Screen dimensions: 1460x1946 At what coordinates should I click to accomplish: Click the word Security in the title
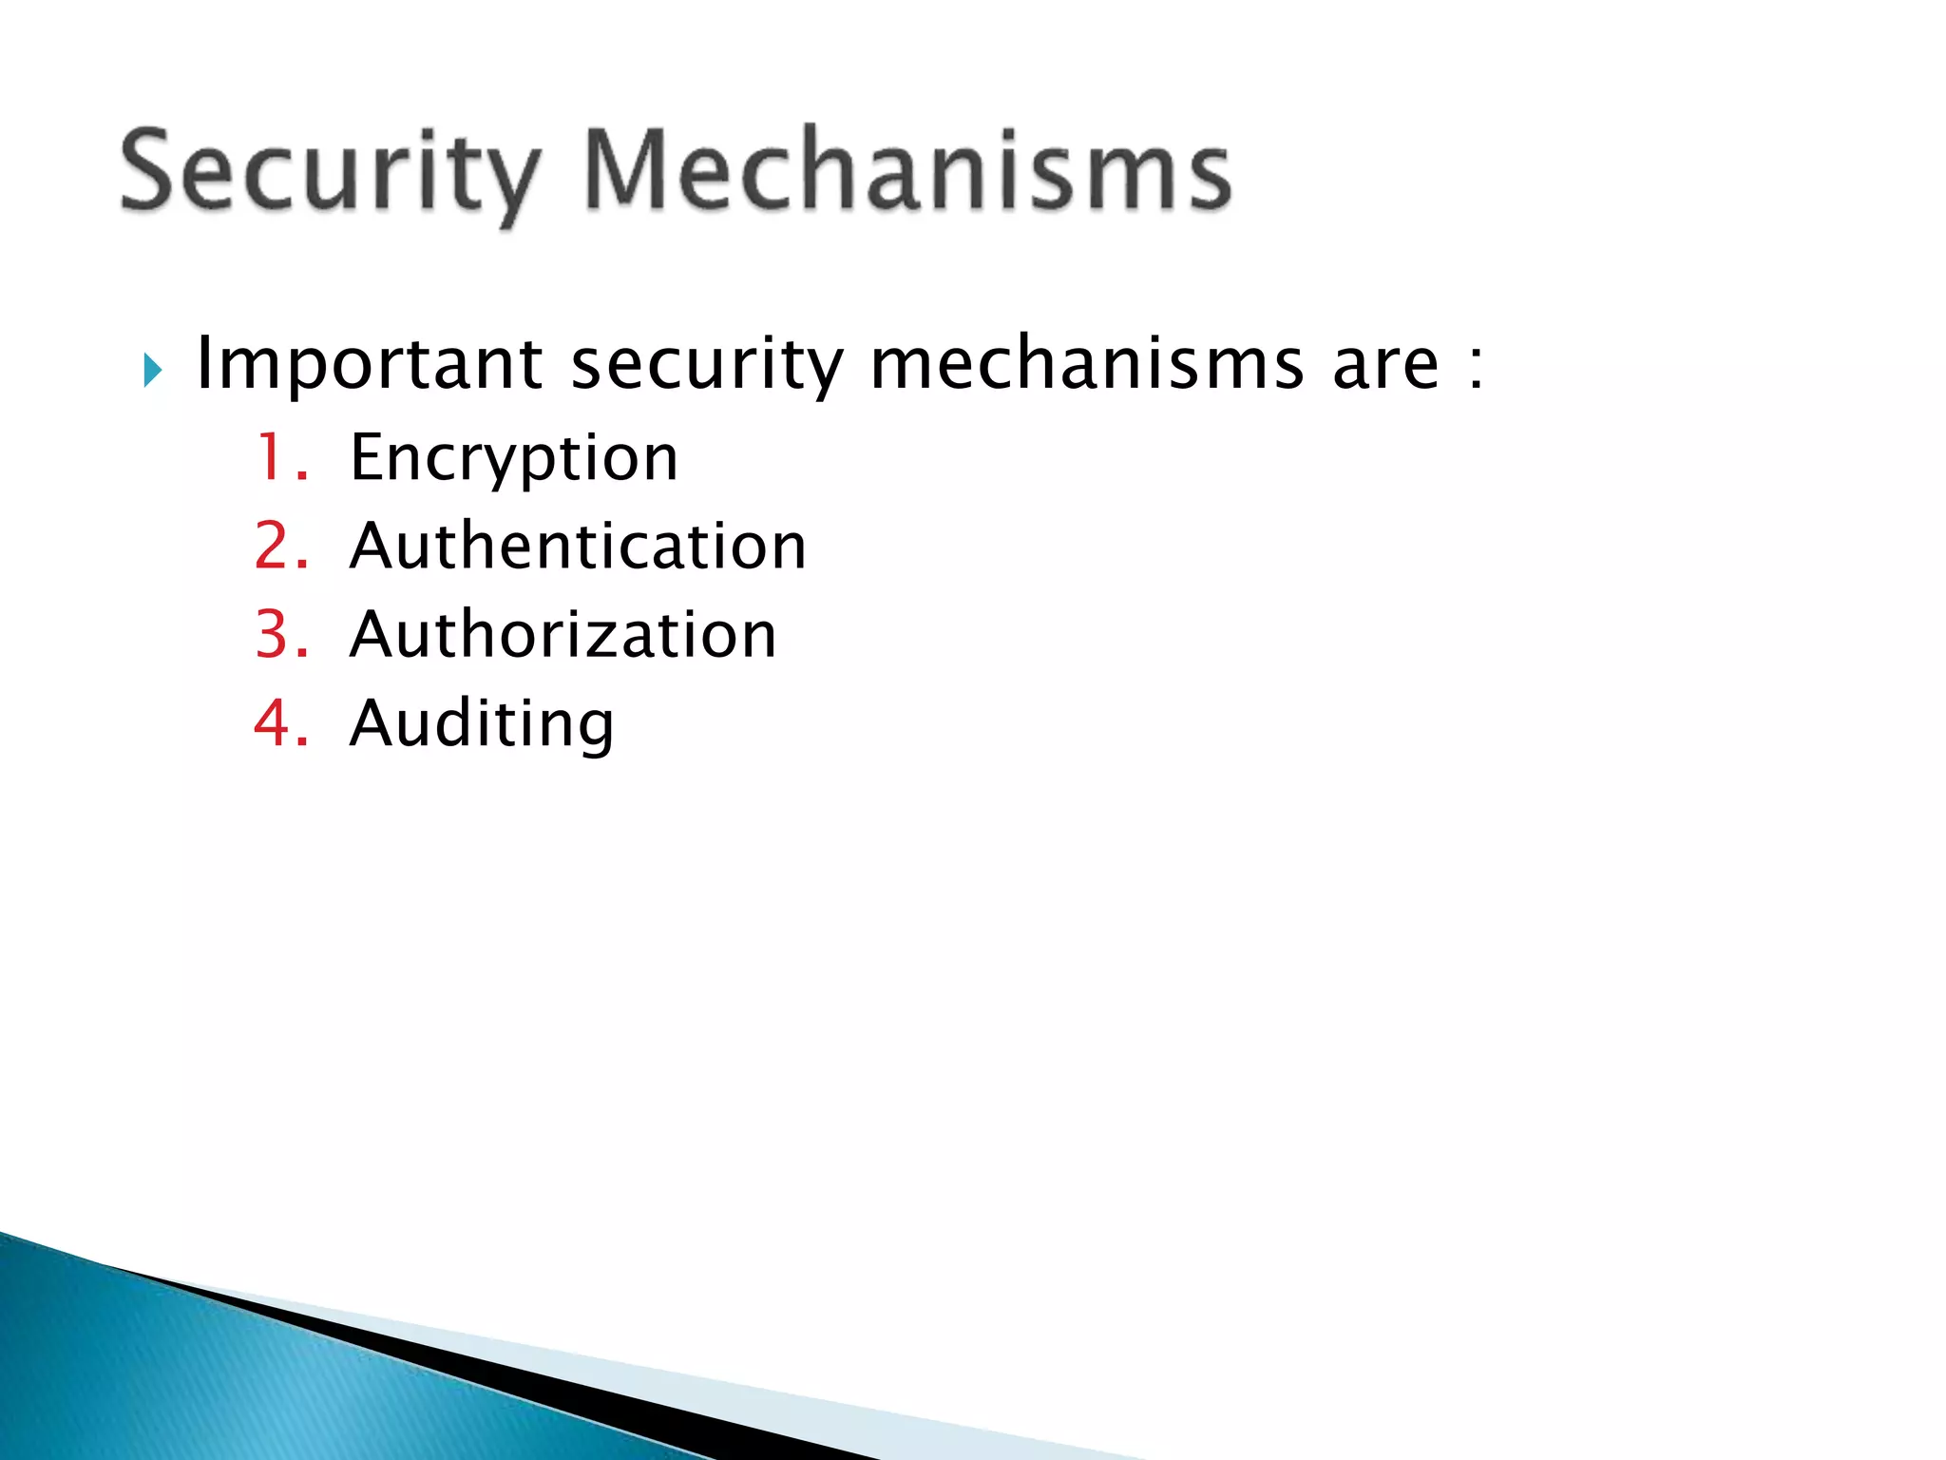click(x=330, y=171)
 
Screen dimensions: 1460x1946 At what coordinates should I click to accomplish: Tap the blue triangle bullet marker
click(x=152, y=370)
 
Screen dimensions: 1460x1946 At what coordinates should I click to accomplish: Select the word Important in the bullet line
click(x=369, y=365)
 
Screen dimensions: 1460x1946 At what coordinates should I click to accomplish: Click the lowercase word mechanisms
click(x=1087, y=363)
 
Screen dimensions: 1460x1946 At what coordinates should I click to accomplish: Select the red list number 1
click(x=275, y=457)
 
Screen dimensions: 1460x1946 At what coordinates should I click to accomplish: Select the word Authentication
click(x=578, y=546)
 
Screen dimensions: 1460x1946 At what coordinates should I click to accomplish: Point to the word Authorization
click(x=563, y=634)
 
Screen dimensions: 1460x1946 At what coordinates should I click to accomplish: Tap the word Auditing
click(x=482, y=724)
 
